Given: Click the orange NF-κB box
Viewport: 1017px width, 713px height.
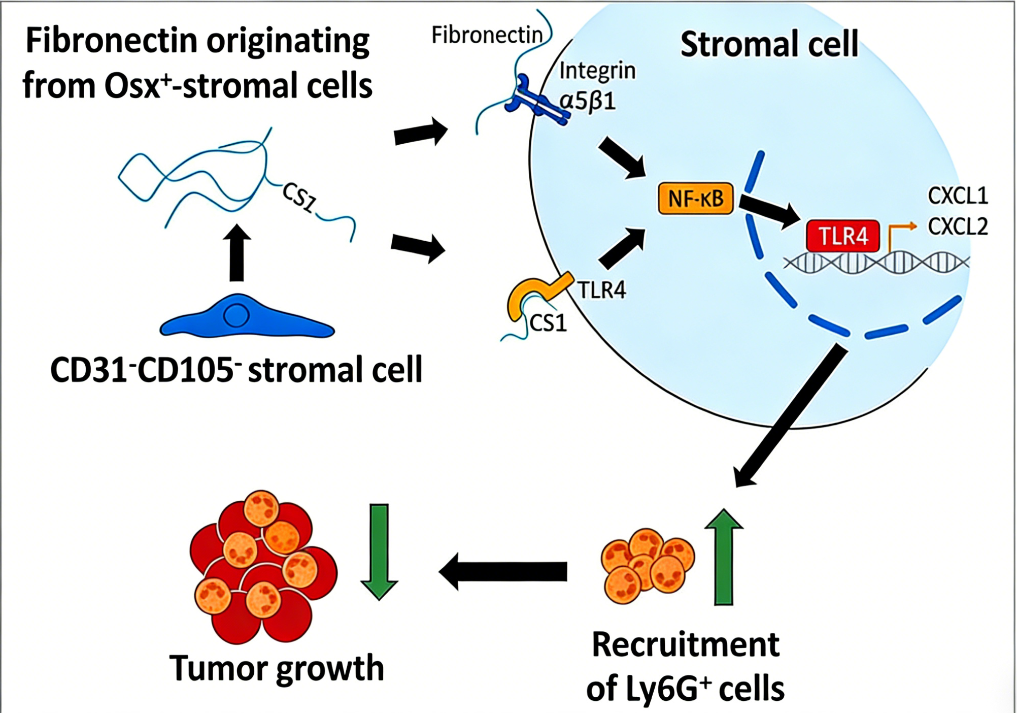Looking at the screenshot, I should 695,198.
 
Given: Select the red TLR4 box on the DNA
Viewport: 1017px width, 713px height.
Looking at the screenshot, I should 843,236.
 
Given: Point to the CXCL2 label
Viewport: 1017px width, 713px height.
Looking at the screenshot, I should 958,226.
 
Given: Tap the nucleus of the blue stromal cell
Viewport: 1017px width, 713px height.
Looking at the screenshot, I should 236,315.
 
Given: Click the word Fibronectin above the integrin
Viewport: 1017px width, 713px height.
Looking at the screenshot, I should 487,35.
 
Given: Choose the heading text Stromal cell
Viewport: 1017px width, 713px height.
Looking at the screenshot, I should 769,44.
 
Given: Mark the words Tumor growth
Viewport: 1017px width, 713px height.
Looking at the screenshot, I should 277,668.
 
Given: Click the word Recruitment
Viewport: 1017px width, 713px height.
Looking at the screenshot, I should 686,645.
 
